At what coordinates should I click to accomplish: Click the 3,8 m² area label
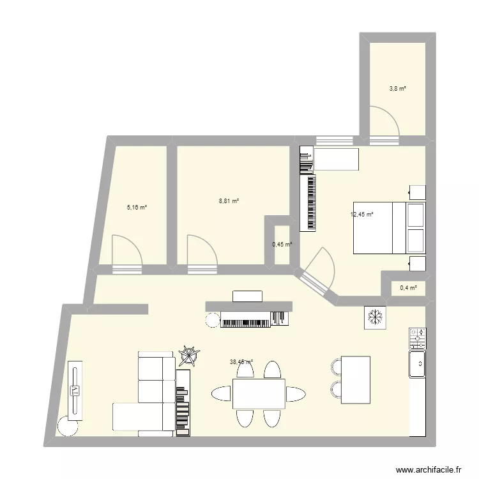click(x=398, y=89)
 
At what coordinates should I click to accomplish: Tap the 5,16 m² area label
click(x=137, y=207)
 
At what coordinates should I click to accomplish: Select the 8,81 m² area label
click(x=229, y=201)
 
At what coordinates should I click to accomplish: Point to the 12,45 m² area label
click(x=361, y=215)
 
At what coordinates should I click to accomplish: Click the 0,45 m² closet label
click(x=282, y=244)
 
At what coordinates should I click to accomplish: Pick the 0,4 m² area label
click(x=408, y=287)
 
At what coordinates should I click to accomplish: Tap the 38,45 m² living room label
click(x=241, y=361)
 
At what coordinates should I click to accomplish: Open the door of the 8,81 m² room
click(x=201, y=250)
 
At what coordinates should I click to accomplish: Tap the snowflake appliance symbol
click(x=375, y=317)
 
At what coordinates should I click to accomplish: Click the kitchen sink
click(x=419, y=363)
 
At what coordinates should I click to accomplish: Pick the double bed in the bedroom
click(x=389, y=228)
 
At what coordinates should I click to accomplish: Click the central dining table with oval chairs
click(x=259, y=394)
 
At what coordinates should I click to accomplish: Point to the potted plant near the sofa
click(x=189, y=354)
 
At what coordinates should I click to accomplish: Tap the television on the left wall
click(x=75, y=390)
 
